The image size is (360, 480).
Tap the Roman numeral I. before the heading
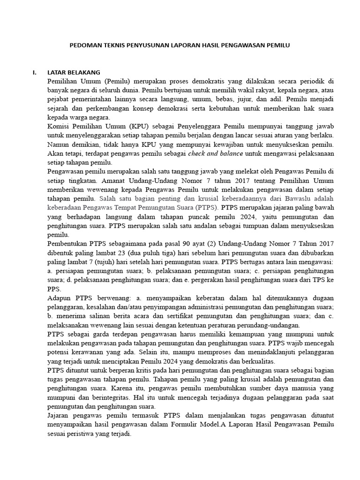point(34,72)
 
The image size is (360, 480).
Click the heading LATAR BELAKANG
point(74,72)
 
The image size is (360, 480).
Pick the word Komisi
point(59,126)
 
